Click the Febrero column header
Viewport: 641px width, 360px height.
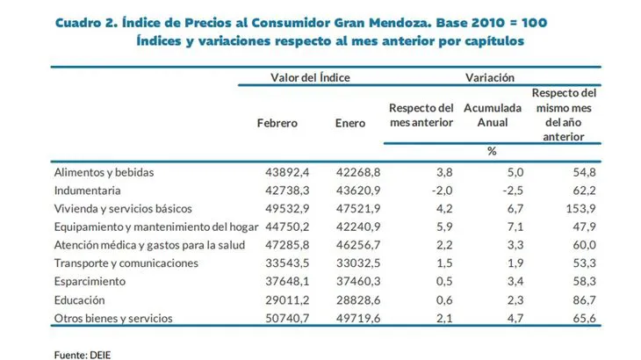pyautogui.click(x=277, y=123)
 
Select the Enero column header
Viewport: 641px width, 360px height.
pyautogui.click(x=350, y=123)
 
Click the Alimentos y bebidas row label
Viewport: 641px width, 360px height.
pyautogui.click(x=104, y=172)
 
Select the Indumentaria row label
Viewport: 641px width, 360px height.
pyautogui.click(x=88, y=191)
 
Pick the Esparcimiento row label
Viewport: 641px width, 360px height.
pyautogui.click(x=90, y=281)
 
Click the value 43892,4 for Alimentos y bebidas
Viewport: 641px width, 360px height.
pyautogui.click(x=275, y=172)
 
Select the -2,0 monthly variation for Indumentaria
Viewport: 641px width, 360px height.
pyautogui.click(x=440, y=191)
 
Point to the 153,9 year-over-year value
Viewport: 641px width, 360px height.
pyautogui.click(x=581, y=209)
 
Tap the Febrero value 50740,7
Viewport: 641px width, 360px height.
pyautogui.click(x=275, y=318)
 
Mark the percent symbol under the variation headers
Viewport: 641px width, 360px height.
pyautogui.click(x=492, y=151)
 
